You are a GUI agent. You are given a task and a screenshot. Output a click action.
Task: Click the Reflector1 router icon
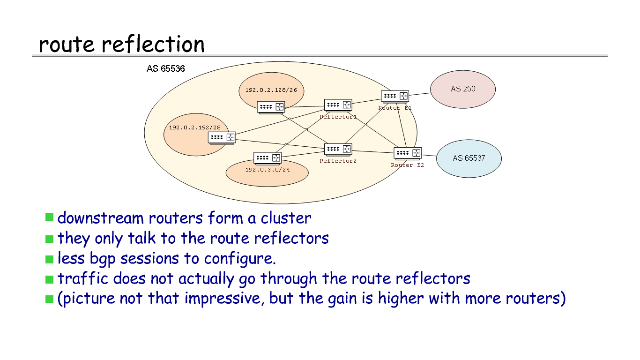pyautogui.click(x=338, y=105)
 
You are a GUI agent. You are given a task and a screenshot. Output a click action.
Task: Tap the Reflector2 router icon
pyautogui.click(x=338, y=150)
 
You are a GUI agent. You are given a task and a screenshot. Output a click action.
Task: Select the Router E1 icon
pyautogui.click(x=394, y=97)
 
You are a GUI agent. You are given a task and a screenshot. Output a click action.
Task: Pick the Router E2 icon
pyautogui.click(x=408, y=153)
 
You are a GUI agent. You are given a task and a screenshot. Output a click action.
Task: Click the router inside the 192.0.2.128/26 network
pyautogui.click(x=271, y=107)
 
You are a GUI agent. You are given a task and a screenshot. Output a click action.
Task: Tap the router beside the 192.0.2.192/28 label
pyautogui.click(x=222, y=138)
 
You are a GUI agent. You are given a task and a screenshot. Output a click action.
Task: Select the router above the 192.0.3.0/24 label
pyautogui.click(x=267, y=158)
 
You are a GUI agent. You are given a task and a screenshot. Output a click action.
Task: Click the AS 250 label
pyautogui.click(x=463, y=89)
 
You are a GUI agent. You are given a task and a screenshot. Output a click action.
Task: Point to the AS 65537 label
pyautogui.click(x=469, y=158)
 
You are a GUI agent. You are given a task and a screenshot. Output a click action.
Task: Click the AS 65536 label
pyautogui.click(x=165, y=69)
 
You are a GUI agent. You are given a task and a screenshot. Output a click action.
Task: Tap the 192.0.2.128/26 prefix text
pyautogui.click(x=268, y=90)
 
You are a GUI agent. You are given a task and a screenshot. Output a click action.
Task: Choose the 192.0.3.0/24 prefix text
pyautogui.click(x=268, y=170)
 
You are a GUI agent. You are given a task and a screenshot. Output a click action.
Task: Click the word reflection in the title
pyautogui.click(x=153, y=45)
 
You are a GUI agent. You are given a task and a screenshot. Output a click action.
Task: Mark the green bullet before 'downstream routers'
pyautogui.click(x=49, y=217)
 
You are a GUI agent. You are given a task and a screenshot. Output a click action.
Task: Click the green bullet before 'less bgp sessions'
pyautogui.click(x=49, y=259)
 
